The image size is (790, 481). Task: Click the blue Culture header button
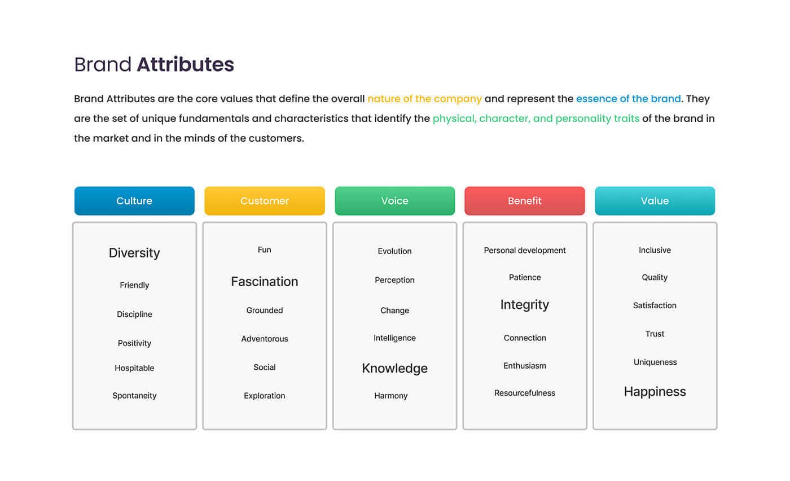tap(134, 201)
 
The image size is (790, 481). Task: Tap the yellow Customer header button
tap(265, 201)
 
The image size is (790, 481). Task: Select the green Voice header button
tap(394, 201)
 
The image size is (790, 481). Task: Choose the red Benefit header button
tap(525, 201)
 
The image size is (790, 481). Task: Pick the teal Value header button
tap(655, 201)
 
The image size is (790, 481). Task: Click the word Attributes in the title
tap(186, 64)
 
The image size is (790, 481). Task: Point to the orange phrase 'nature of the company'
tap(424, 99)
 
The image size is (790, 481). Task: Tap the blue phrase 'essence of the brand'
tap(629, 99)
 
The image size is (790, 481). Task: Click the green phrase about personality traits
tap(536, 119)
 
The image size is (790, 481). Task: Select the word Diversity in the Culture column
tap(134, 253)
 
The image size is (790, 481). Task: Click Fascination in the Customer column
tap(265, 282)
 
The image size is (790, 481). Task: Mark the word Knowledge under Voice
tap(394, 369)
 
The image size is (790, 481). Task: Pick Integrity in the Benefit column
tap(525, 304)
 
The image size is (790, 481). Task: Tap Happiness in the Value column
tap(655, 392)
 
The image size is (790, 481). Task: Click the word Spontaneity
tap(134, 396)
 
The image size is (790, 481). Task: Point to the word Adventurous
tap(265, 339)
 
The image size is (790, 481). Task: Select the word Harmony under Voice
tap(390, 396)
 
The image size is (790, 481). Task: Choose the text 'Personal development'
tap(525, 251)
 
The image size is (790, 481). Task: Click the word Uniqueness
tap(655, 362)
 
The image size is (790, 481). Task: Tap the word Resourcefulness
tap(525, 393)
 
